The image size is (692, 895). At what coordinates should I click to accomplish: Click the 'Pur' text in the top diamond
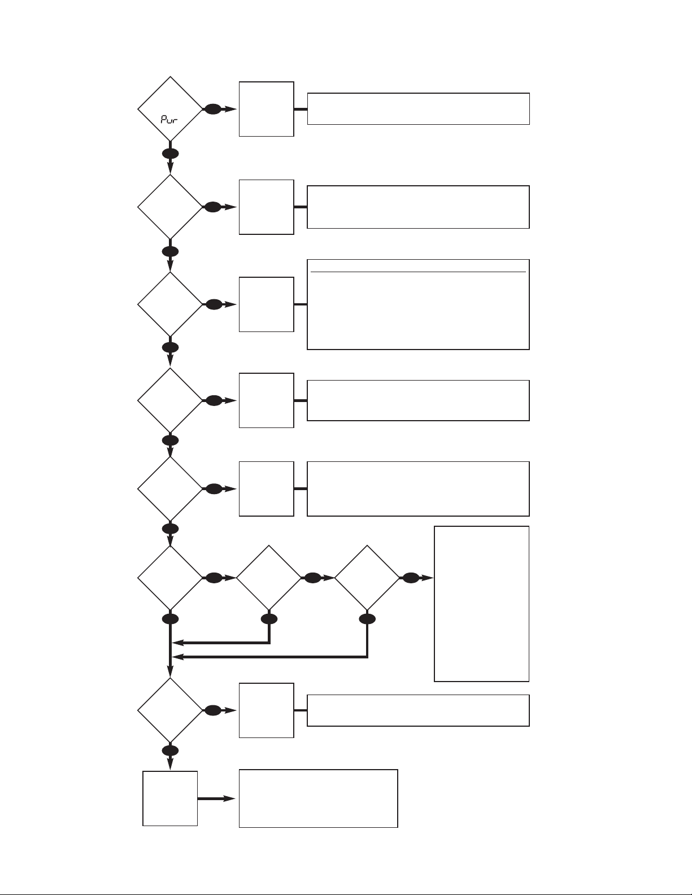[x=169, y=120]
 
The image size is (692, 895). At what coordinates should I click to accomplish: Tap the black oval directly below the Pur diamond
[x=170, y=154]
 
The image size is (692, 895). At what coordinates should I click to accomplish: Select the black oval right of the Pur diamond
[x=213, y=109]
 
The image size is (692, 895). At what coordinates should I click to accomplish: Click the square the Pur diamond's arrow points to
[x=267, y=109]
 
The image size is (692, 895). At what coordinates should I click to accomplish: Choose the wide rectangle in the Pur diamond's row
[x=418, y=109]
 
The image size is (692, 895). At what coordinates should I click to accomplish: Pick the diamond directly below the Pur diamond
[x=170, y=207]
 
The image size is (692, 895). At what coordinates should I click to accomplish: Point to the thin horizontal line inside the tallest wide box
[x=418, y=272]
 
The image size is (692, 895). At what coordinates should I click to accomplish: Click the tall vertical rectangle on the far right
[x=481, y=604]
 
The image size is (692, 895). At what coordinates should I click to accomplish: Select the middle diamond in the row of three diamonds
[x=268, y=578]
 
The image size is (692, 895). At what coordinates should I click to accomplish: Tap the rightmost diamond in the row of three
[x=367, y=578]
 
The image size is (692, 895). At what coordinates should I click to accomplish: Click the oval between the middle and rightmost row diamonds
[x=312, y=578]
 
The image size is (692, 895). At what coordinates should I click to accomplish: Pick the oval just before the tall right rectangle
[x=411, y=578]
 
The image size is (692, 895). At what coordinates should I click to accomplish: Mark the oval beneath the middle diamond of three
[x=269, y=619]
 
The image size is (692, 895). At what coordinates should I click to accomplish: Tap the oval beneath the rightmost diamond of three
[x=367, y=619]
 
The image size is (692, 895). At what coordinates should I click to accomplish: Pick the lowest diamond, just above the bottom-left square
[x=170, y=710]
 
